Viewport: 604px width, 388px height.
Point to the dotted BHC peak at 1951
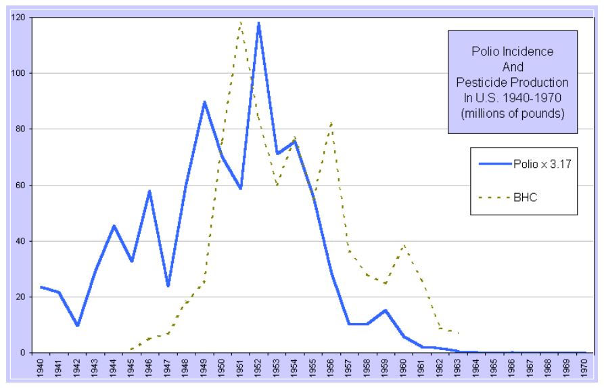(x=240, y=22)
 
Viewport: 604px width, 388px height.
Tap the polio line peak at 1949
(x=204, y=102)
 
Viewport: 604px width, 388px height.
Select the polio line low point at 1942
(x=78, y=325)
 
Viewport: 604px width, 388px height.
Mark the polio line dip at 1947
(x=168, y=286)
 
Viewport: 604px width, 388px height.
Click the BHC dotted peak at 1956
(x=331, y=123)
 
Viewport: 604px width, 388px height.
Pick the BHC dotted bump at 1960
(x=404, y=245)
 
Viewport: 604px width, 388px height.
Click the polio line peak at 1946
(x=149, y=191)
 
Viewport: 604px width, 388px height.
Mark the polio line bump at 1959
(x=385, y=310)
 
